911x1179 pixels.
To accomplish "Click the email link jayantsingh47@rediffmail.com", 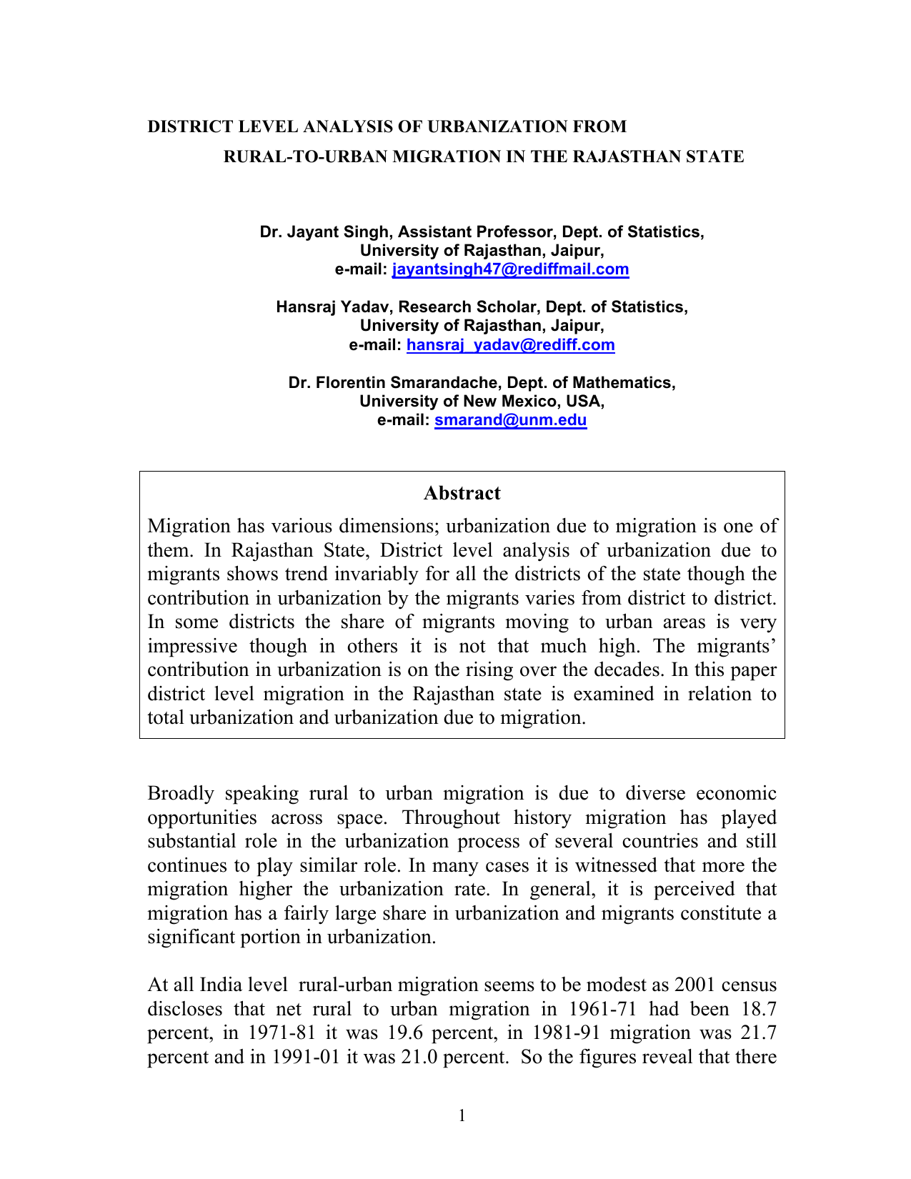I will (511, 269).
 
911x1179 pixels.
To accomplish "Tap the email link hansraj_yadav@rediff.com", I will (510, 345).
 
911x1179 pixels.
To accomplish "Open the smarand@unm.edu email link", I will (510, 420).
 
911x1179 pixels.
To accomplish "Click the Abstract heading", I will (462, 493).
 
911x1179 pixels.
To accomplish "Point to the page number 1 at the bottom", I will (462, 1115).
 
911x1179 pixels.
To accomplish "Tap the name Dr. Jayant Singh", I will (324, 232).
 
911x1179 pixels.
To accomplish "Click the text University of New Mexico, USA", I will (482, 402).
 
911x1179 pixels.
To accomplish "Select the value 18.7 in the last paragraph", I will (759, 1009).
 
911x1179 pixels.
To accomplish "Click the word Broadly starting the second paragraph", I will (181, 793).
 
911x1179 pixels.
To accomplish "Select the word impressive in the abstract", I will (191, 646).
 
